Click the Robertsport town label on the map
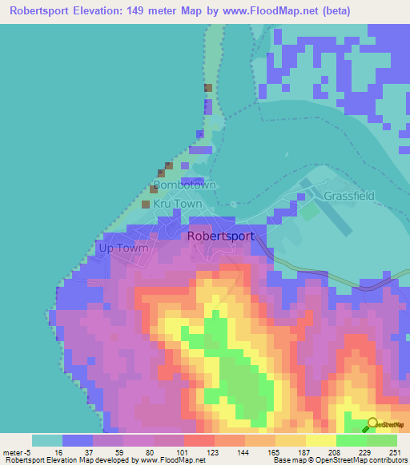pyautogui.click(x=220, y=236)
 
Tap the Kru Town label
pyautogui.click(x=178, y=204)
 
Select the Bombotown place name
pyautogui.click(x=184, y=185)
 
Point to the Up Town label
pyautogui.click(x=123, y=248)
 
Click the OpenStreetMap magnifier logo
pyautogui.click(x=372, y=425)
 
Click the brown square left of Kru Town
pyautogui.click(x=146, y=205)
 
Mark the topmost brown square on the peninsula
pyautogui.click(x=208, y=88)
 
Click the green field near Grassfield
pyautogui.click(x=308, y=212)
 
